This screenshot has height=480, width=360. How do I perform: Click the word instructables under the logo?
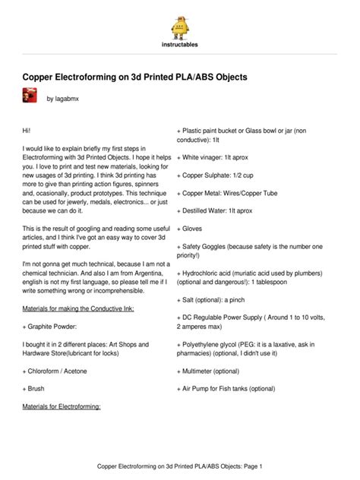point(180,45)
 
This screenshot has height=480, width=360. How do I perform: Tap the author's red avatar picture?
point(31,96)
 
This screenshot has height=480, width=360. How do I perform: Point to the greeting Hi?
point(30,131)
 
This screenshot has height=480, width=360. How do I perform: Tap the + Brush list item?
point(37,388)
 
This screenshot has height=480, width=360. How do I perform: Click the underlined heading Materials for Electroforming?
point(67,406)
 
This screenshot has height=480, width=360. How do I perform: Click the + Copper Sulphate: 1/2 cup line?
point(223,175)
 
